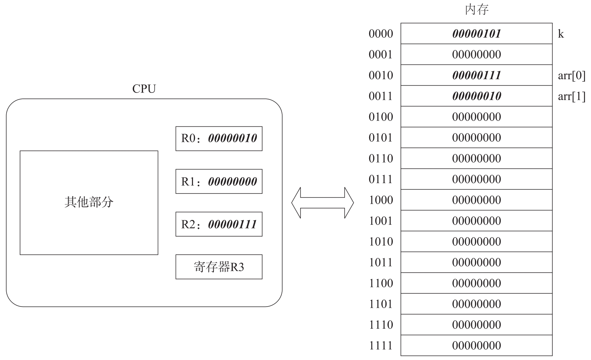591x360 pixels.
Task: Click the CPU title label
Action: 144,89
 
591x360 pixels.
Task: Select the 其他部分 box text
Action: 89,202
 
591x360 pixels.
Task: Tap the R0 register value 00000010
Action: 232,138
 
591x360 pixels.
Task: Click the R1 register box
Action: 219,181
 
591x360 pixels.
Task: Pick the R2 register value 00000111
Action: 232,224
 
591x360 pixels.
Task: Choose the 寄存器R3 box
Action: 219,267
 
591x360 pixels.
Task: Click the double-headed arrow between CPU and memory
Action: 322,203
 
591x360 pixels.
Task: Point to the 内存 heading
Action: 476,10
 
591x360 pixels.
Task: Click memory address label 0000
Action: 381,34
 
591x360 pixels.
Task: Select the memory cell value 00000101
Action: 476,34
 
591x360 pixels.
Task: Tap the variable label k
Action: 561,34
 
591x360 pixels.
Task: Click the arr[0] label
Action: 571,76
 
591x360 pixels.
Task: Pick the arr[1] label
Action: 571,96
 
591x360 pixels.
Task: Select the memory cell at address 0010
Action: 476,75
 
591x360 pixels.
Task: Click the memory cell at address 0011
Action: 476,96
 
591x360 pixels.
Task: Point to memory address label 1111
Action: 381,346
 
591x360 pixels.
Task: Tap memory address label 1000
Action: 381,200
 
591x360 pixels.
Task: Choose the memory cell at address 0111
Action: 476,179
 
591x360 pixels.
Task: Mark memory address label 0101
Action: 381,138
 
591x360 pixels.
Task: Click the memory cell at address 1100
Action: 476,283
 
